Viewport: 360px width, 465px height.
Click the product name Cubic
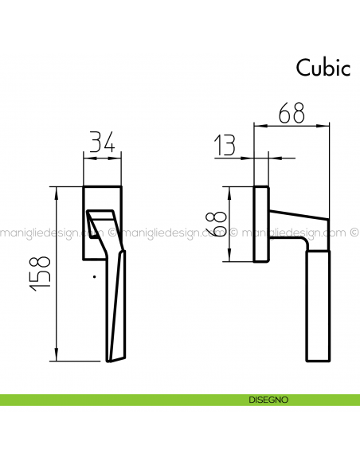point(323,67)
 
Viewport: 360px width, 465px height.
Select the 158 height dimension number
point(41,272)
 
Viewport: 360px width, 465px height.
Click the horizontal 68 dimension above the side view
point(292,113)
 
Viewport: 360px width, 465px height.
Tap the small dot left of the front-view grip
point(94,276)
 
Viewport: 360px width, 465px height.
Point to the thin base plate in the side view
point(260,225)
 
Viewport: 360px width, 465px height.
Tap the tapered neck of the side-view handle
point(296,225)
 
